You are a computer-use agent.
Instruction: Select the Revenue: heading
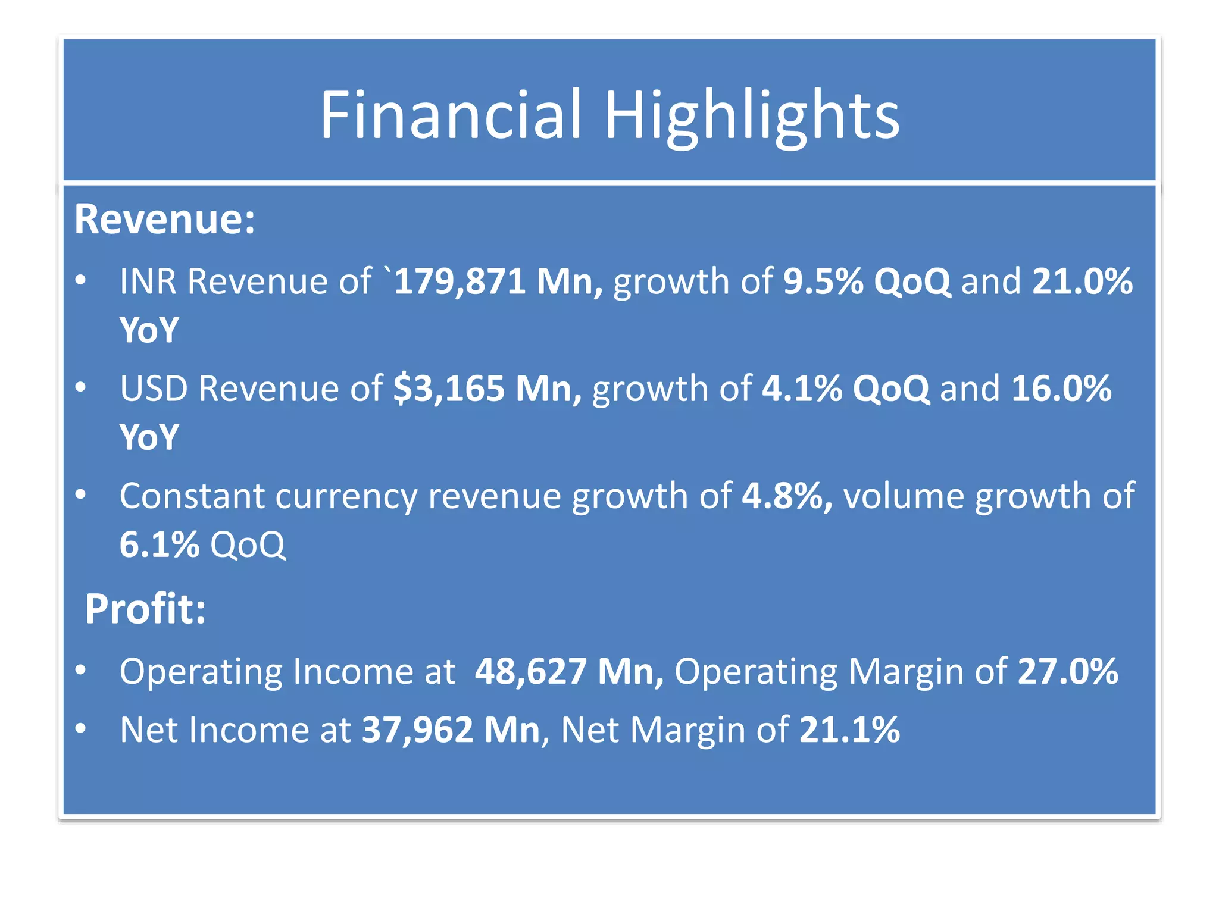click(165, 220)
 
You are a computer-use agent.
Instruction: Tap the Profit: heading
click(145, 609)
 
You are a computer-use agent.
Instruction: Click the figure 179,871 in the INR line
click(460, 281)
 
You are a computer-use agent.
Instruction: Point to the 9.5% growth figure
click(823, 281)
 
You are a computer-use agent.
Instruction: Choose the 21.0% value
click(1082, 281)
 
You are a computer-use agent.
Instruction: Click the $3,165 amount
click(449, 389)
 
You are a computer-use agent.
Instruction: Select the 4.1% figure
click(802, 389)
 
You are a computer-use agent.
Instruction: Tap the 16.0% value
click(1061, 389)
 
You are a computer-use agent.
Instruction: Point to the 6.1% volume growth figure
click(160, 544)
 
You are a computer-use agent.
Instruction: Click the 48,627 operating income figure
click(530, 671)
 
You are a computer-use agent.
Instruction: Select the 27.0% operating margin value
click(1068, 671)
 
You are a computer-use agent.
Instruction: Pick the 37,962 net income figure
click(418, 730)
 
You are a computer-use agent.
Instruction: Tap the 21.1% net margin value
click(849, 730)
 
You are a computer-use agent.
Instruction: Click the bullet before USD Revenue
click(81, 387)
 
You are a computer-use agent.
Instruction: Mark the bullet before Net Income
click(81, 728)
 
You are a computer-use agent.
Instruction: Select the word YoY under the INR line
click(149, 330)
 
